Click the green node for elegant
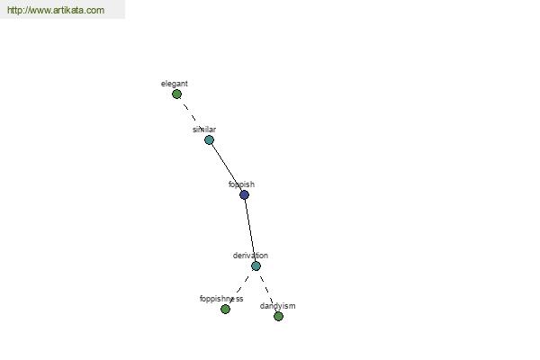[176, 94]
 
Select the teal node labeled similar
[209, 139]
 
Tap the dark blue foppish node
[244, 195]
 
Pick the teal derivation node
[256, 266]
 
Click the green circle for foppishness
[225, 310]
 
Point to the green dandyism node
[279, 316]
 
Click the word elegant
[175, 84]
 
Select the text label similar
[204, 130]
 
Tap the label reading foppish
[241, 184]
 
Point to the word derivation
[250, 256]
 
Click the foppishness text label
[221, 299]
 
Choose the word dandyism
[277, 306]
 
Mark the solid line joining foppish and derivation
[250, 230]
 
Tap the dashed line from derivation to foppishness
[240, 288]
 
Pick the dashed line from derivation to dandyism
[267, 291]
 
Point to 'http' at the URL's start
[14, 10]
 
